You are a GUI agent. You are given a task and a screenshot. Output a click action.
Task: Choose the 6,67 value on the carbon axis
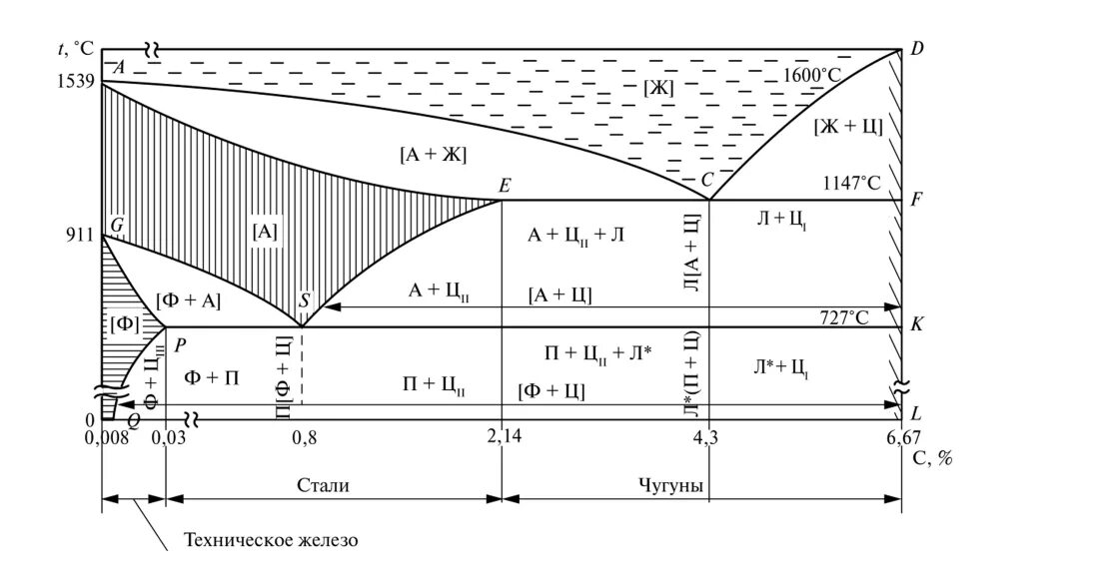tap(899, 436)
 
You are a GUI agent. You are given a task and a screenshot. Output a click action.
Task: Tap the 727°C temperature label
tap(844, 317)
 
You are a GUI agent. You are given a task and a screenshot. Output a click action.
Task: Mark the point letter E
tap(505, 185)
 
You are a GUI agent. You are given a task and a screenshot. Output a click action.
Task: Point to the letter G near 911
tap(117, 225)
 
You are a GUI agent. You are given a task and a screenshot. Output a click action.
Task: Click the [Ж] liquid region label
tap(658, 88)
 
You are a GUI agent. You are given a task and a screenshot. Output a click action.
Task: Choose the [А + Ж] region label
tap(434, 155)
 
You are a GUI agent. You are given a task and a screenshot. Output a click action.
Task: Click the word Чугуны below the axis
tap(670, 485)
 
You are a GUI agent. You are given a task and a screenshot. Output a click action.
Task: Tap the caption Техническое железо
tap(270, 541)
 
